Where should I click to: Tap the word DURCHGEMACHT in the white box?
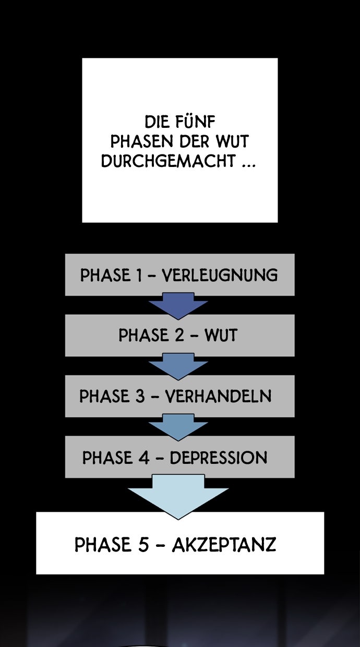(168, 161)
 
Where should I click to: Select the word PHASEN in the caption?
(141, 141)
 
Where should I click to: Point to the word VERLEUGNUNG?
(220, 275)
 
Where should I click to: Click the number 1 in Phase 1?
(139, 275)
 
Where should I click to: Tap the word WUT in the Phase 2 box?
(221, 336)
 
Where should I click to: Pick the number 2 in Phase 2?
(179, 336)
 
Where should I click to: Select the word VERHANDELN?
(219, 396)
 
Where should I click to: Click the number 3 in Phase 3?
(140, 396)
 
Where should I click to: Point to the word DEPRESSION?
(219, 458)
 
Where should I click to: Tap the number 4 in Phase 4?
(144, 458)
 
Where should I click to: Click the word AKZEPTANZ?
(224, 545)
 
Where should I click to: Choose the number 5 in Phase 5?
(143, 545)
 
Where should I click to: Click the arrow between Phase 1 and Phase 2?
(178, 306)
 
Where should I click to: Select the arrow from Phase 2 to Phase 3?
(178, 366)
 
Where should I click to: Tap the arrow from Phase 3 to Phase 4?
(178, 427)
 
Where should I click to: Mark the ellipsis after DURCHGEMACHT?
(249, 166)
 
